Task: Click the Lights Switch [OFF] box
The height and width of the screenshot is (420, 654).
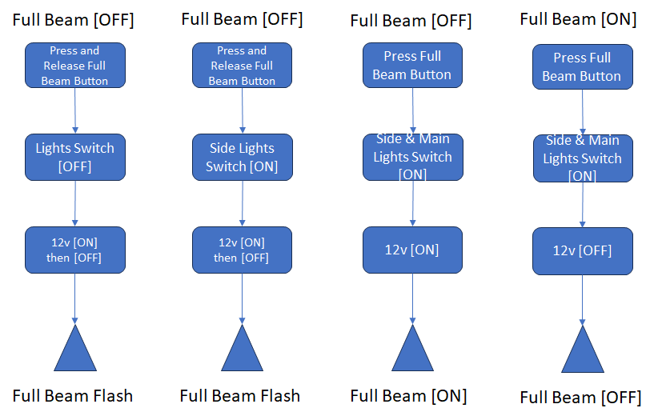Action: pos(74,157)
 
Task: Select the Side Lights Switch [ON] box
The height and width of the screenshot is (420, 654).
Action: pos(242,157)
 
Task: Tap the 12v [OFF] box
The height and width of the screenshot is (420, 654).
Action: pos(582,250)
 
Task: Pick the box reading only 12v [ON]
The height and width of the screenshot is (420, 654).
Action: pos(412,250)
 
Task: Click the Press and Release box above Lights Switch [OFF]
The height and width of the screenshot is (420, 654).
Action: pos(74,66)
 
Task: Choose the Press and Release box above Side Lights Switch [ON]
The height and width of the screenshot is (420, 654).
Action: pos(242,66)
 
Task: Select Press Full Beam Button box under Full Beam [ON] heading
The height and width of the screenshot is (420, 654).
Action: pos(582,67)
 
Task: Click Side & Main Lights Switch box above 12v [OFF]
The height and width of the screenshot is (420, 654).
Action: pos(582,158)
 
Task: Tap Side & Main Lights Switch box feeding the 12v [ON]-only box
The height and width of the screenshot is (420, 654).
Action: pos(412,157)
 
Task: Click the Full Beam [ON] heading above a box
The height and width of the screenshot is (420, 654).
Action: pos(578,18)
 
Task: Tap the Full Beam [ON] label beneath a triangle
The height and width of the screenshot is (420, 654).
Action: pos(408,395)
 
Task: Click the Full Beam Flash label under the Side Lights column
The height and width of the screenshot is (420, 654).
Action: pos(239,395)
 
